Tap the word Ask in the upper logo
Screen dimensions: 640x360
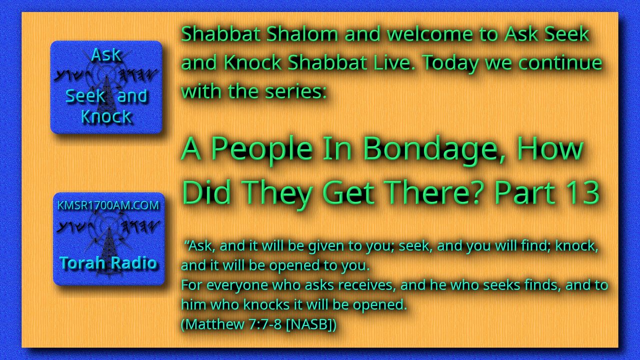pos(106,54)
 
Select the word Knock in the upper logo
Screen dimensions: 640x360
pos(106,116)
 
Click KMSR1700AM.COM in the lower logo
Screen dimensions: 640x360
pos(108,205)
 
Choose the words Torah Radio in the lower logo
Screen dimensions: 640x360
pos(108,262)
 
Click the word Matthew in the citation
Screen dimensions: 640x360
pos(212,324)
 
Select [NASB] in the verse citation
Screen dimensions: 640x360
pos(311,324)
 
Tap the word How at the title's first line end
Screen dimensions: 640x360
pos(550,149)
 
